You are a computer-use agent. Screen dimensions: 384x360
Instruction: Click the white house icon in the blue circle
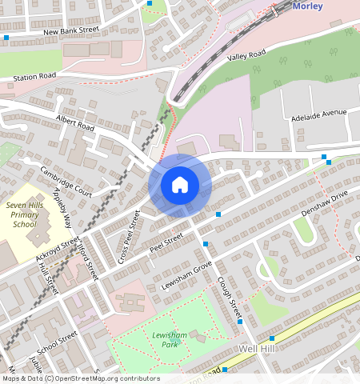click(180, 186)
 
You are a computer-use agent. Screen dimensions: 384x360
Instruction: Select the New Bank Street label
click(70, 31)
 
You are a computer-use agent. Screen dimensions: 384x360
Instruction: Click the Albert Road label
click(75, 122)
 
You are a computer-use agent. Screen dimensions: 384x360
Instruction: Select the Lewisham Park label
click(165, 338)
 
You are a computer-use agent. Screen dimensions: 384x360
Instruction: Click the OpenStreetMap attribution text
click(80, 378)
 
